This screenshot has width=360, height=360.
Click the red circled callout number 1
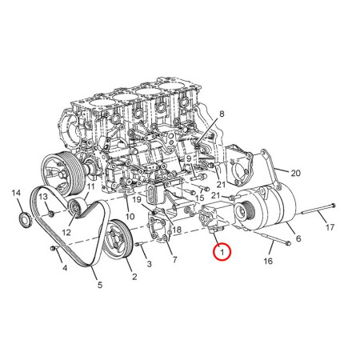click(221, 253)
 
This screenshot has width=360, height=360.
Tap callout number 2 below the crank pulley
click(133, 278)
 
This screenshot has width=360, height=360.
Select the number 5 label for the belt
click(100, 284)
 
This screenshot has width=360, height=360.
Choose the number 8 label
click(222, 115)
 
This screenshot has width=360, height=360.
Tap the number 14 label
click(16, 194)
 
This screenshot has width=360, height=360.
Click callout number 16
click(268, 260)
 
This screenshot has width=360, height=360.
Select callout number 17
click(330, 227)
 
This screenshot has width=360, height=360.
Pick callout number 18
click(177, 230)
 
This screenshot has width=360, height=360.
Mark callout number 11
click(90, 186)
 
